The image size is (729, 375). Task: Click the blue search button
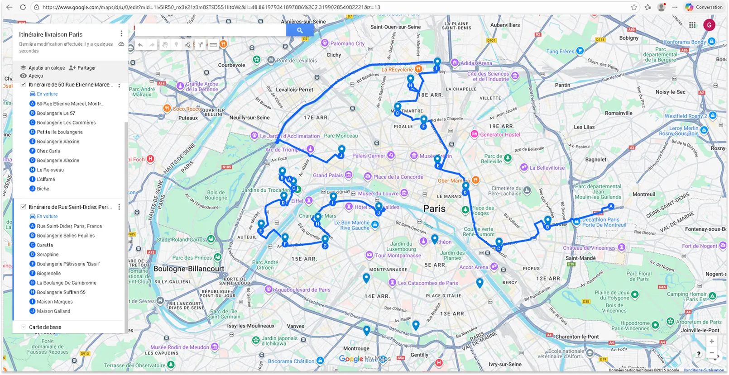[299, 30]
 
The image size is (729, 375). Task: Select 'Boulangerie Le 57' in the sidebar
[56, 113]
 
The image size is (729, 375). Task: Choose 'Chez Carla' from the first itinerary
[48, 151]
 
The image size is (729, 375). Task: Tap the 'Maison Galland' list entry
[53, 311]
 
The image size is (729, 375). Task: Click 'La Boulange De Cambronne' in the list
[67, 283]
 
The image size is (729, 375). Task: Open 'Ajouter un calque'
[46, 68]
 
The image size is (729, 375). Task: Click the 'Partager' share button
[86, 68]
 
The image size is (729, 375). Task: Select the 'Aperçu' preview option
[35, 76]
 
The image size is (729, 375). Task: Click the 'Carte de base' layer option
[45, 327]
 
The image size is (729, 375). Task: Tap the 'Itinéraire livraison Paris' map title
[51, 34]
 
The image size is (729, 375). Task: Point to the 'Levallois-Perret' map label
[294, 90]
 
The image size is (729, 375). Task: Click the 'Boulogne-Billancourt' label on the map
[189, 269]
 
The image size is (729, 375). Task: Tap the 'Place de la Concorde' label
[398, 177]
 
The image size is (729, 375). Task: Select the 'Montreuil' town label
[643, 195]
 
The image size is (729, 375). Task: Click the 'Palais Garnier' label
[369, 156]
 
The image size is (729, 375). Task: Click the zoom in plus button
[711, 342]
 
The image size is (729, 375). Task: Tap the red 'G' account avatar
[709, 25]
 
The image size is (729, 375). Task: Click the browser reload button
[23, 7]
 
